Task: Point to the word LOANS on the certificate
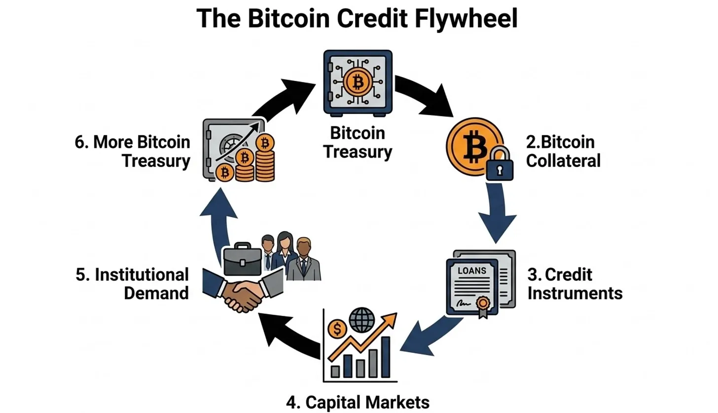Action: coord(472,270)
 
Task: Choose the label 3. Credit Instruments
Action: coord(574,283)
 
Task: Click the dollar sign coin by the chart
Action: coord(337,328)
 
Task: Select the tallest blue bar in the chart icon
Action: coord(386,356)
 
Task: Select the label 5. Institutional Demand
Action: coord(132,283)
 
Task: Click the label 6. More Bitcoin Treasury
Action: coord(132,151)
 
